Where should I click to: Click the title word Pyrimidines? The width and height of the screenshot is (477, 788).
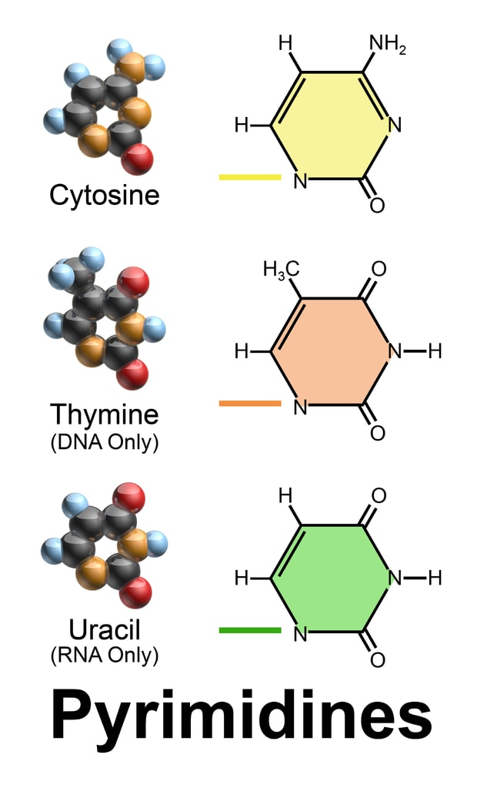tap(241, 716)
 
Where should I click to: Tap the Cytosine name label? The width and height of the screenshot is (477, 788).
tap(104, 195)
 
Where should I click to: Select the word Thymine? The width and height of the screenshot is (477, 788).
tap(104, 414)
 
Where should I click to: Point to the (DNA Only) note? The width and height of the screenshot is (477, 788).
tap(104, 443)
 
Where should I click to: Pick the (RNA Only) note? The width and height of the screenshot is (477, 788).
tap(104, 656)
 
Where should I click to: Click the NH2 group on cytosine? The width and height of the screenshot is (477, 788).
tap(387, 43)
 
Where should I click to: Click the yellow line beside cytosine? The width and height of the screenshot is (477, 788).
tap(250, 177)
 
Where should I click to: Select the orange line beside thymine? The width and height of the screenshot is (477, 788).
tap(250, 403)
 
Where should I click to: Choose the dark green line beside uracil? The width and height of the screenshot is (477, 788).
tap(250, 630)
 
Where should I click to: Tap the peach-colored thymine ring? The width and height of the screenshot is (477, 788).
tap(332, 351)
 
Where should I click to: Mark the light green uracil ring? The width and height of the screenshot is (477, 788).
tap(332, 578)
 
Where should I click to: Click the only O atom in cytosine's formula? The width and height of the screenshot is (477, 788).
tap(377, 206)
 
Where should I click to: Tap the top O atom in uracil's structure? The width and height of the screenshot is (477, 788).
tap(378, 495)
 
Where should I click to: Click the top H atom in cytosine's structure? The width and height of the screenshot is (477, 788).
tap(285, 43)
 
